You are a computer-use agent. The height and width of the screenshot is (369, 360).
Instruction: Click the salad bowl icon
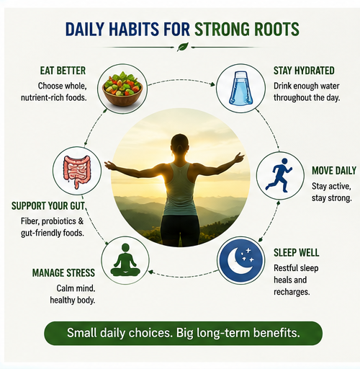122,89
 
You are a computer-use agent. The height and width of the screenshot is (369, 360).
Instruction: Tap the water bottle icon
240,88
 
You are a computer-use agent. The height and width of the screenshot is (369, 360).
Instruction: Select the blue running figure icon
279,175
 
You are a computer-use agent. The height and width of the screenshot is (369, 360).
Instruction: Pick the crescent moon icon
241,261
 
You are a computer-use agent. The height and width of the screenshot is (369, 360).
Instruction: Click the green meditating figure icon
125,260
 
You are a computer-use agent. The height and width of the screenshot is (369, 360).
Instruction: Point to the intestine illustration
77,171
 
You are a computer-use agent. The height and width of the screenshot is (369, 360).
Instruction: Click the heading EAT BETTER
63,71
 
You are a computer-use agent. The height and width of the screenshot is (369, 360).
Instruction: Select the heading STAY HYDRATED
304,71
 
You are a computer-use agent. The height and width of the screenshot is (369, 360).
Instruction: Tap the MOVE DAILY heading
334,171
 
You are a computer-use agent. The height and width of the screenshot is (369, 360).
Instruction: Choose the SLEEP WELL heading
297,252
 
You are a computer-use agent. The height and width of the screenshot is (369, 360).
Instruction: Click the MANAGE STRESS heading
63,273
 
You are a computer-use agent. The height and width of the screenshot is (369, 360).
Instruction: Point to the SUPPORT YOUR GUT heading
48,206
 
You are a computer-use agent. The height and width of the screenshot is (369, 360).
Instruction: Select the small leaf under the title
183,47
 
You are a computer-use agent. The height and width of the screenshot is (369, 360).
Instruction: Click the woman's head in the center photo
179,143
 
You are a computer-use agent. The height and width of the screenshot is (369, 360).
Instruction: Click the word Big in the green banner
184,333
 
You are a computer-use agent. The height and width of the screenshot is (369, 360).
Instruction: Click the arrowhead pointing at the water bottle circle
212,84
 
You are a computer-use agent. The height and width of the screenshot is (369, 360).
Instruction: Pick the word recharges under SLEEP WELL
292,293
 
